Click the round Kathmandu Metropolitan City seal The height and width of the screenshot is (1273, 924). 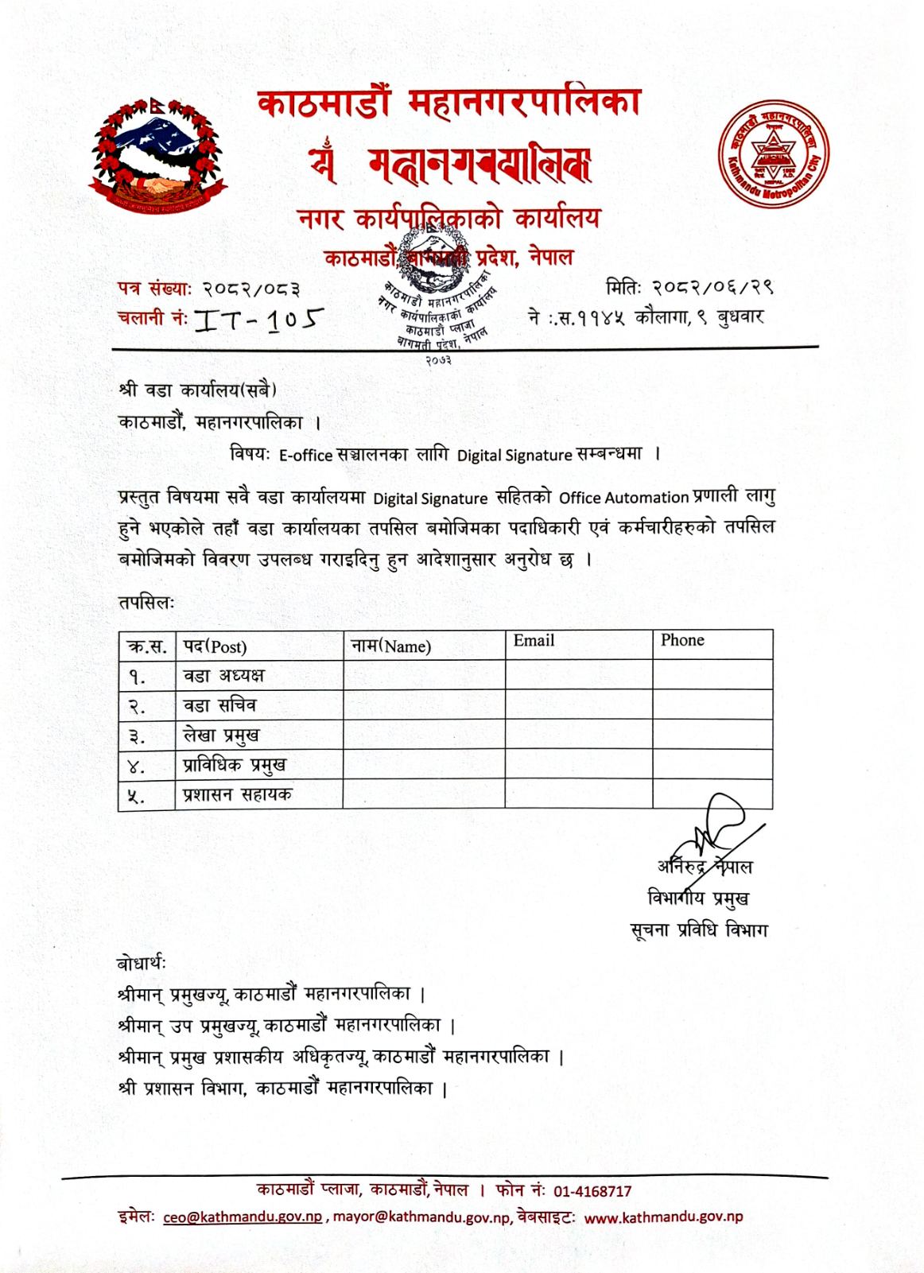[x=773, y=153]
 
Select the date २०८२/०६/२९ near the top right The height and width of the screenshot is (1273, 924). [x=712, y=286]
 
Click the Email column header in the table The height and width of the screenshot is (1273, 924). [x=534, y=641]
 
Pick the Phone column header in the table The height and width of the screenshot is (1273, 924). [x=682, y=641]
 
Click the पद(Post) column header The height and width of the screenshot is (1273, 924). [x=215, y=646]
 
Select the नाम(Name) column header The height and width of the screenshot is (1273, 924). [x=390, y=646]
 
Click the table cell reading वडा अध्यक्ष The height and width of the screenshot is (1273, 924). [x=223, y=676]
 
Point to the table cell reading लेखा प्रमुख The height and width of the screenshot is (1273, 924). [x=221, y=735]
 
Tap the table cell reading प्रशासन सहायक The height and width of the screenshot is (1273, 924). [x=237, y=794]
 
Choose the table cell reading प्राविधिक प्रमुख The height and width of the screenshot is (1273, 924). [x=234, y=765]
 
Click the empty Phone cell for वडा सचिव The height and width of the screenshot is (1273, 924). [x=712, y=705]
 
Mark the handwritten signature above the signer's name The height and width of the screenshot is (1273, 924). [x=716, y=827]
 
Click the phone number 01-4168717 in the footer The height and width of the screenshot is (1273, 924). [x=592, y=1191]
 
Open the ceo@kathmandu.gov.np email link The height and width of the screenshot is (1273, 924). [x=243, y=1217]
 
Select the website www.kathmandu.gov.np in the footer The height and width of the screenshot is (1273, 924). [x=663, y=1217]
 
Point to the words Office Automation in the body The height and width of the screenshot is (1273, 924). [x=623, y=499]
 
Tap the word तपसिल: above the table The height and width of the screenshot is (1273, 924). [x=146, y=603]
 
